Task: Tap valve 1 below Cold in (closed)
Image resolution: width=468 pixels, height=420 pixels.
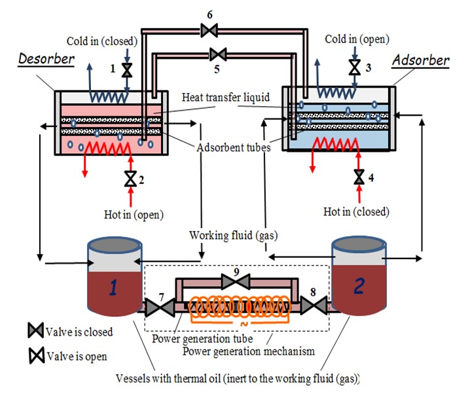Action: (128, 69)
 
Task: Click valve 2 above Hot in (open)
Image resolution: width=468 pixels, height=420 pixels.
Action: (130, 178)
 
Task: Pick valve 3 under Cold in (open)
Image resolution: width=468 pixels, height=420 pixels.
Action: (355, 67)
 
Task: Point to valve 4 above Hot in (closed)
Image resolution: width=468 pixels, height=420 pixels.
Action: (359, 177)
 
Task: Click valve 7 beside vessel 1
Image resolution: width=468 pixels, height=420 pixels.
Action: (156, 307)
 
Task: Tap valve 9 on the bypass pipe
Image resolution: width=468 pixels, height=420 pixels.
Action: (234, 282)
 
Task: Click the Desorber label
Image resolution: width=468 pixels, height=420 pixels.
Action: (46, 60)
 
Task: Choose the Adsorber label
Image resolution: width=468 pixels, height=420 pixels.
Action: (421, 61)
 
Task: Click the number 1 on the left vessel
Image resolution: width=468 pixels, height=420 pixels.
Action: (115, 287)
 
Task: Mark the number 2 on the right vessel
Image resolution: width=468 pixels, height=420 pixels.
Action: (359, 287)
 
